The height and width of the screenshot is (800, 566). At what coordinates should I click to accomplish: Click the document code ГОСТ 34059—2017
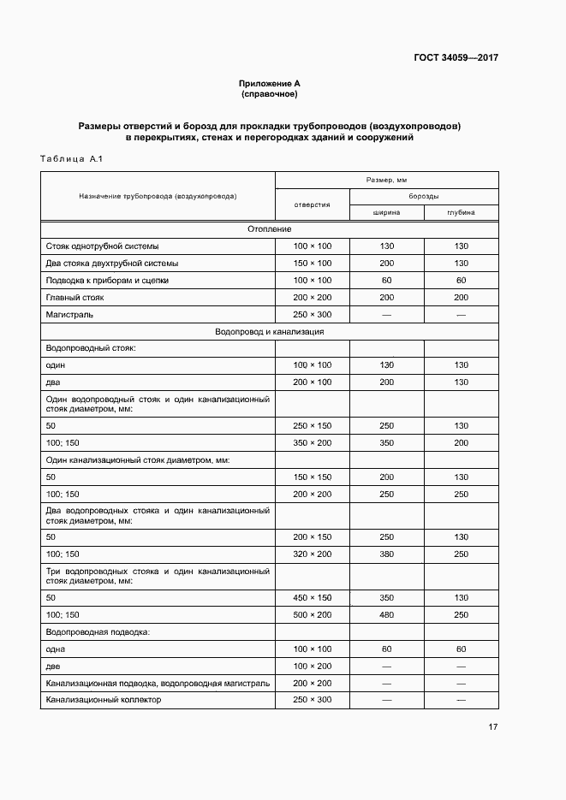(456, 58)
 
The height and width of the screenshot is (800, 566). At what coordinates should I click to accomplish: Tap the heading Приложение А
(269, 83)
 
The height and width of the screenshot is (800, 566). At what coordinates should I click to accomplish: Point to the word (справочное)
(269, 93)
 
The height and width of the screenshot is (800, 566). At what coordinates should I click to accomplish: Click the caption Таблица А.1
(71, 159)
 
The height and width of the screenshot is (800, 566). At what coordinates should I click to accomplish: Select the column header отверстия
(312, 204)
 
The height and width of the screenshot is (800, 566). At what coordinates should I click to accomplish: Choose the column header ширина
(386, 212)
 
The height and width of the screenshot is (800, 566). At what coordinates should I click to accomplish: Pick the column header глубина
(461, 212)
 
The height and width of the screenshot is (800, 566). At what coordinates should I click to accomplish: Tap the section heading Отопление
(269, 229)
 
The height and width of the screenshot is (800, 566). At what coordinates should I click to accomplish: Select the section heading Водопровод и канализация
(269, 331)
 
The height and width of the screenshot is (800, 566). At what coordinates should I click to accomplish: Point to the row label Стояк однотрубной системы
(102, 246)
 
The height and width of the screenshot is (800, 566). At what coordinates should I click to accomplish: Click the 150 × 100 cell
(312, 264)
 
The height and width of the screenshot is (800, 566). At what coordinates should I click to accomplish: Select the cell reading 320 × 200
(312, 554)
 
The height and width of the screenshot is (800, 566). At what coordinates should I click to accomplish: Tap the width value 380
(386, 554)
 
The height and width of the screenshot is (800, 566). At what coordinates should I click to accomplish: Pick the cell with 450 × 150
(312, 597)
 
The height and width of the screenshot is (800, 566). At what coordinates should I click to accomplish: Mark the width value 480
(386, 614)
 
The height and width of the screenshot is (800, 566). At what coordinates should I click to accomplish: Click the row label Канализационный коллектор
(104, 699)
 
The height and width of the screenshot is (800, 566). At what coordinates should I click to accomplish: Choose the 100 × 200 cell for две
(312, 666)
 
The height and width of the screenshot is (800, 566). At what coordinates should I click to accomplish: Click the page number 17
(492, 727)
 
